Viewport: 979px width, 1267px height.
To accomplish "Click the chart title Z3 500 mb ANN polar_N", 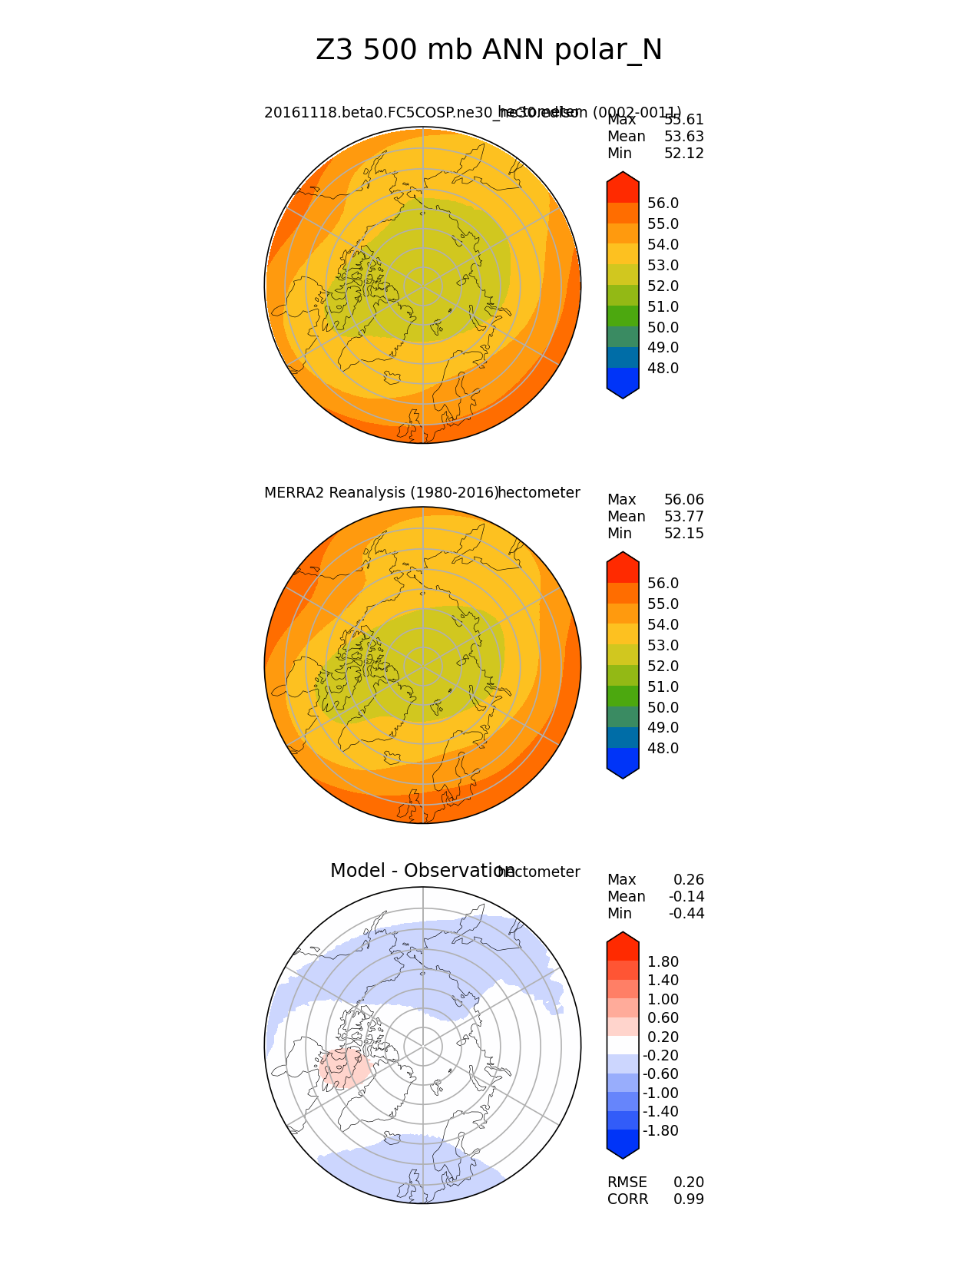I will (488, 51).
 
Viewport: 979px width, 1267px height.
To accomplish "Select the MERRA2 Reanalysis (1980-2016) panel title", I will (381, 493).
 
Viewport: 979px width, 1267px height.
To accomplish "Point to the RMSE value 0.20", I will (688, 1183).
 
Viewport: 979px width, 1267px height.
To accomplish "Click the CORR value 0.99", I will (688, 1199).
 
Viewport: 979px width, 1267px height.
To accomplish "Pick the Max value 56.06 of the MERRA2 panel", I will (683, 500).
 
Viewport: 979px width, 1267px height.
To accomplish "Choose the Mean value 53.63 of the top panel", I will (683, 137).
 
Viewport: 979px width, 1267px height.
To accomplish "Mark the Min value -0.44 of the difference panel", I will (686, 914).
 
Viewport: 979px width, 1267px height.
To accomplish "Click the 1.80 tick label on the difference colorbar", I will (663, 962).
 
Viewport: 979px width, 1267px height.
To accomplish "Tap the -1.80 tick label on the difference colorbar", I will (660, 1131).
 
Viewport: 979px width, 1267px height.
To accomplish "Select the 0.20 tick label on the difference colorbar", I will (663, 1037).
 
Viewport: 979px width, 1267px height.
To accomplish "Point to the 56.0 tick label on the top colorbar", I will (663, 203).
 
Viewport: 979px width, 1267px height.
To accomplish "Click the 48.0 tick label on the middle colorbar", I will (663, 749).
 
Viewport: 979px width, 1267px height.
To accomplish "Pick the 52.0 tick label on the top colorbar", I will (663, 286).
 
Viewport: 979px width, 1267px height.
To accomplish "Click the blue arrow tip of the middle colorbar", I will (623, 768).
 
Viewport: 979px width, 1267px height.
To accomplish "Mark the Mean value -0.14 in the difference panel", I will (686, 897).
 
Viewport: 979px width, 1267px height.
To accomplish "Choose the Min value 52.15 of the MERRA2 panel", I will (683, 534).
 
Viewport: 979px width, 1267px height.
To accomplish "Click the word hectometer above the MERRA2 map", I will (539, 493).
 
